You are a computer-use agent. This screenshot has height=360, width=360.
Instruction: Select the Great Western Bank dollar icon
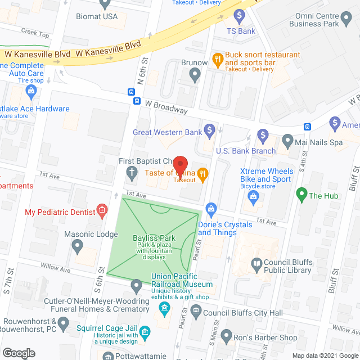(209, 132)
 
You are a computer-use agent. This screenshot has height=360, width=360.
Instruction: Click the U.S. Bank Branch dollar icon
(263, 136)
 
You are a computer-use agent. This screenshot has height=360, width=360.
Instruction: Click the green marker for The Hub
(301, 196)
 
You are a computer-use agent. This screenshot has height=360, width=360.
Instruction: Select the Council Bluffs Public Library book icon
(256, 263)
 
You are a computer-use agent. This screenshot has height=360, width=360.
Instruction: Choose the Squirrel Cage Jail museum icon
(145, 332)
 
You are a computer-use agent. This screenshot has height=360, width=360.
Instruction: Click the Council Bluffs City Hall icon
(196, 310)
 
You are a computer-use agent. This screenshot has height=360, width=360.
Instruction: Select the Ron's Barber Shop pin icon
(226, 336)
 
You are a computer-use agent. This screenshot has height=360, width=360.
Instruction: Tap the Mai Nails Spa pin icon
(287, 139)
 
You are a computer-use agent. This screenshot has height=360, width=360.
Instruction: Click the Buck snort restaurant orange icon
(217, 58)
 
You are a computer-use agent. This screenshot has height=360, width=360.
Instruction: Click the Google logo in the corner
(18, 353)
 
